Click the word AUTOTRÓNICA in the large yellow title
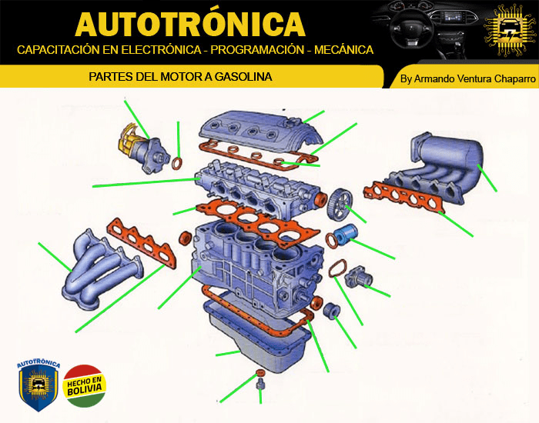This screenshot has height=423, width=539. (x=190, y=24)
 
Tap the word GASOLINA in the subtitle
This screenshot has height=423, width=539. (x=243, y=77)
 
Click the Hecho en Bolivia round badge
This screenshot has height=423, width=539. (x=84, y=386)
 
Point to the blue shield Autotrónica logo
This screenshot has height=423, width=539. (x=38, y=384)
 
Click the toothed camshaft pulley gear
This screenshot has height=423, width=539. (x=340, y=204)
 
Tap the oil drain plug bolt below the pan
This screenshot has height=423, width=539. (x=260, y=385)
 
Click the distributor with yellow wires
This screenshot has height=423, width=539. (x=145, y=149)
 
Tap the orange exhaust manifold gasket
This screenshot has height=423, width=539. (x=142, y=244)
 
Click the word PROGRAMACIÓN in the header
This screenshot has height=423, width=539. (x=257, y=50)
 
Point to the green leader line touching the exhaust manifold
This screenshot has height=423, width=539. (x=55, y=257)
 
